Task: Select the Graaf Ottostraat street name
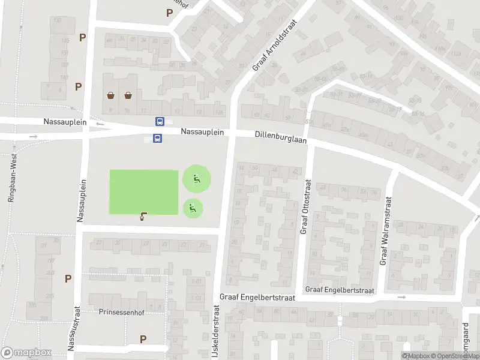pos(305,206)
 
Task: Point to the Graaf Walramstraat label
pos(385,231)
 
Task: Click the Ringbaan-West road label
pos(11,178)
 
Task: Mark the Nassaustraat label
pos(74,327)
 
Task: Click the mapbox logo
pos(26,353)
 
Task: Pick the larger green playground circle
pos(196,178)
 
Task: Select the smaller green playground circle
pos(193,208)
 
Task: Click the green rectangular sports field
pos(144,192)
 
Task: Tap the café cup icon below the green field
pos(143,217)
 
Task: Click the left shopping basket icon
pos(111,95)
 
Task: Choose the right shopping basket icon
pos(128,95)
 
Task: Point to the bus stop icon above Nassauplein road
pos(160,121)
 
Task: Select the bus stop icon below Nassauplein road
pos(157,139)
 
